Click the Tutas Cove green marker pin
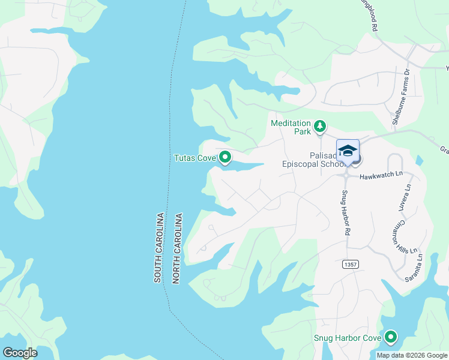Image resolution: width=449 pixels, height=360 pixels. (x=225, y=158)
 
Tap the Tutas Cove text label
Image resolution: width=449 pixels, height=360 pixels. (x=194, y=158)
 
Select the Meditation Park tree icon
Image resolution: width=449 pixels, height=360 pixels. (x=321, y=126)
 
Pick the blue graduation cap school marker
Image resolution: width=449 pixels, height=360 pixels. (x=348, y=150)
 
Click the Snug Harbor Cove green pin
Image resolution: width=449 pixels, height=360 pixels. (x=391, y=338)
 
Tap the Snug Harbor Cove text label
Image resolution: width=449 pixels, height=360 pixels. (x=348, y=338)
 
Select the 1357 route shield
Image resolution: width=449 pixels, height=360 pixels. (x=351, y=264)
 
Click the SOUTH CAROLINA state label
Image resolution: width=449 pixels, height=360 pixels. (x=159, y=247)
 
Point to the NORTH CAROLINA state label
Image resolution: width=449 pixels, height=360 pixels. (x=177, y=247)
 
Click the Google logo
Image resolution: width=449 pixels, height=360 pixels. (x=20, y=353)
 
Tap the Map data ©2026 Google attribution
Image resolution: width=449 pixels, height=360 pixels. (x=411, y=355)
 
